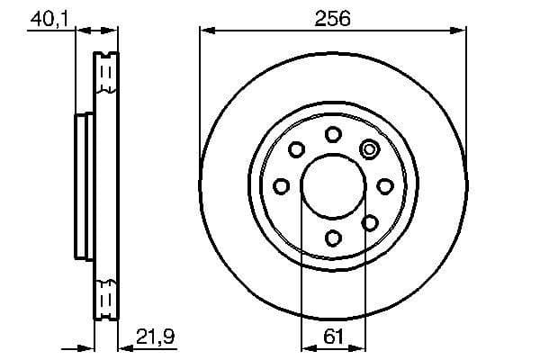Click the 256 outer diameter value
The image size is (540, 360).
coord(333,17)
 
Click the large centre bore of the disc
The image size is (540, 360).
coord(333,185)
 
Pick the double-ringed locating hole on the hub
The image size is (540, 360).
coord(369,149)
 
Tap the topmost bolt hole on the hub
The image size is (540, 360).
coord(333,134)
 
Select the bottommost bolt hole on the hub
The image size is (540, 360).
coord(333,238)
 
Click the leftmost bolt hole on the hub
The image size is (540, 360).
coord(281,185)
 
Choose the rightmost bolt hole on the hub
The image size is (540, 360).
coord(385,185)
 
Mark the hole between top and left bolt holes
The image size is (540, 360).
coord(296,149)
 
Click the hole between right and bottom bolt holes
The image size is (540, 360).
coord(369,221)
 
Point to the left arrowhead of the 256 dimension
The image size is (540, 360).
coord(206,31)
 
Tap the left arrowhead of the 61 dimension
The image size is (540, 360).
coord(306,346)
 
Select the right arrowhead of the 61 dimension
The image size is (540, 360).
coord(359,346)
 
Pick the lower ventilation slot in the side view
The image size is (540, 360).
coord(106,296)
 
